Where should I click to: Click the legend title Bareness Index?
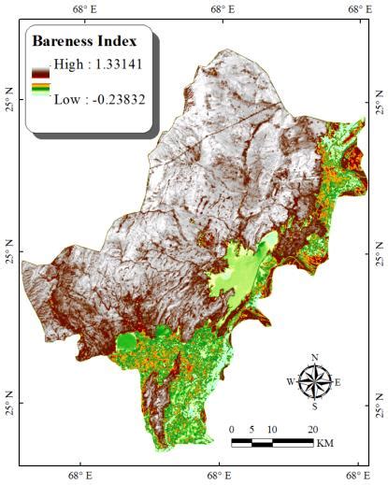84,41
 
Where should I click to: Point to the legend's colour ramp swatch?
40,81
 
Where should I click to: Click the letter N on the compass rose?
315,358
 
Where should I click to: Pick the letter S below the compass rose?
315,406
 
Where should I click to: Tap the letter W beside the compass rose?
291,382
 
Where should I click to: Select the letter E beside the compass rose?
338,382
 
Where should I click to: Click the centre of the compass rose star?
315,382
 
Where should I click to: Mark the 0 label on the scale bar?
231,429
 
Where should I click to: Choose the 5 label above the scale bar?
251,429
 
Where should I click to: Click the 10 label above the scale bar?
272,429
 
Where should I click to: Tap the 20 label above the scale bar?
313,429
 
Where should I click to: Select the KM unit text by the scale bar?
326,442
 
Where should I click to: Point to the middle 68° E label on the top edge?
222,8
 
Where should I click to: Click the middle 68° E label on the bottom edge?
222,476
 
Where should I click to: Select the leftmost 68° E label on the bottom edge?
81,476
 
